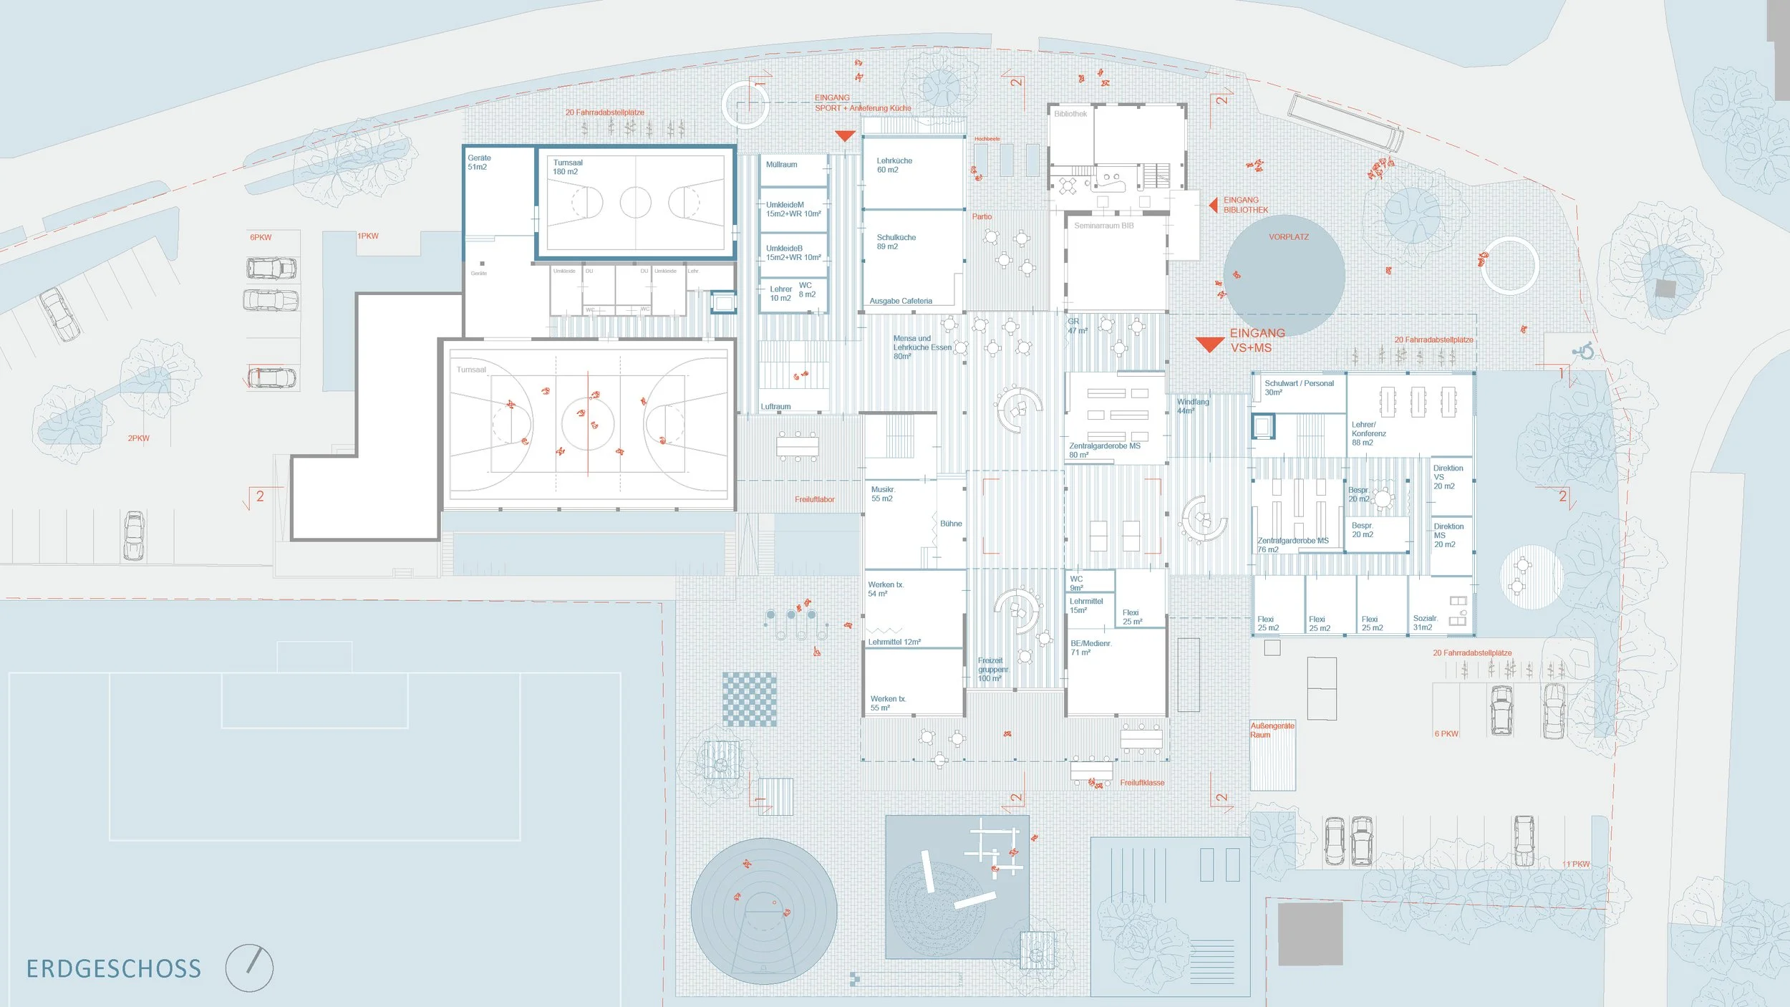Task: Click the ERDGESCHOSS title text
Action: coord(114,969)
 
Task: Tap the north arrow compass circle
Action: coord(249,968)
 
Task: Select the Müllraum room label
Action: coord(781,165)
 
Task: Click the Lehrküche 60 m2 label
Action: coord(894,165)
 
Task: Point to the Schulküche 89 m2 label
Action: coord(896,242)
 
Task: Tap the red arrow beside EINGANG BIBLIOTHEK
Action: coord(1214,206)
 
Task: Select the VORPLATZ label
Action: coord(1288,237)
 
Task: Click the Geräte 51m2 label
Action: coord(478,163)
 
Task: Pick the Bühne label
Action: coord(951,524)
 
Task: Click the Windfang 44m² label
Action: coord(1192,406)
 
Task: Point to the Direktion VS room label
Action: coord(1448,477)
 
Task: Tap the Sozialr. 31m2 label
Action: coord(1425,622)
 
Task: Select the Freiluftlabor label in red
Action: coord(814,499)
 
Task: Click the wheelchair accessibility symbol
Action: coord(1583,351)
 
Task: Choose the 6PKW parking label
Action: coord(261,237)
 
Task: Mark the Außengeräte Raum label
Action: coord(1272,730)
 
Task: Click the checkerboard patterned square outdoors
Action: coord(750,699)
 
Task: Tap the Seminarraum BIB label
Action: coord(1103,226)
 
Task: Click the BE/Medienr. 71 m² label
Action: coord(1090,647)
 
